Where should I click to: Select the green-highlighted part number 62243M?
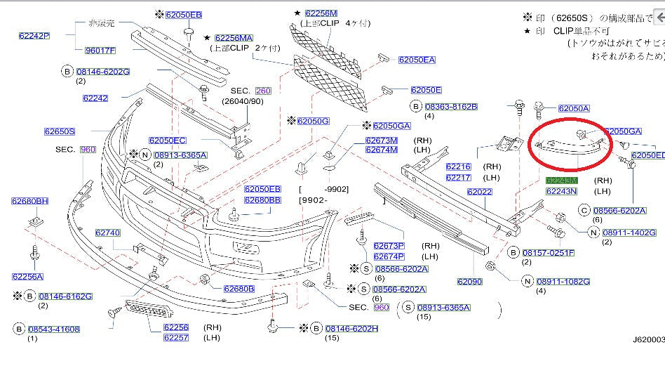click(561, 181)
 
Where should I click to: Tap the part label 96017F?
click(100, 50)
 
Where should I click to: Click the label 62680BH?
click(29, 202)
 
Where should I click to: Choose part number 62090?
click(470, 282)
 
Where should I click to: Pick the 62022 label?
click(481, 192)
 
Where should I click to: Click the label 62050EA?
click(417, 60)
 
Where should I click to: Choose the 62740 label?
click(108, 233)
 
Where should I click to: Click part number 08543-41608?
click(54, 329)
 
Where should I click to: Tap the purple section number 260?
click(263, 91)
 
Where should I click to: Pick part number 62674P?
click(389, 256)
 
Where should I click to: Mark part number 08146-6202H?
click(351, 328)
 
